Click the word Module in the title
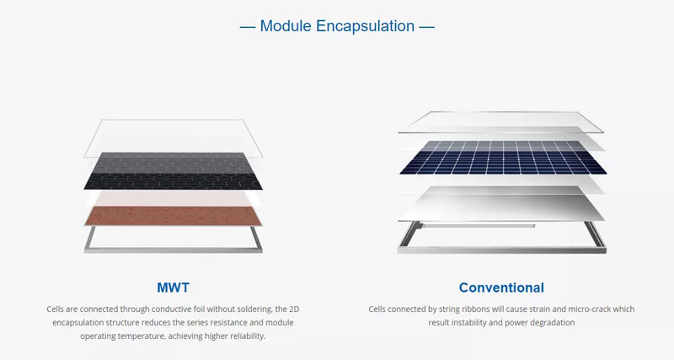(286, 26)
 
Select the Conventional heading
(501, 287)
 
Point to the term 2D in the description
(263, 309)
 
